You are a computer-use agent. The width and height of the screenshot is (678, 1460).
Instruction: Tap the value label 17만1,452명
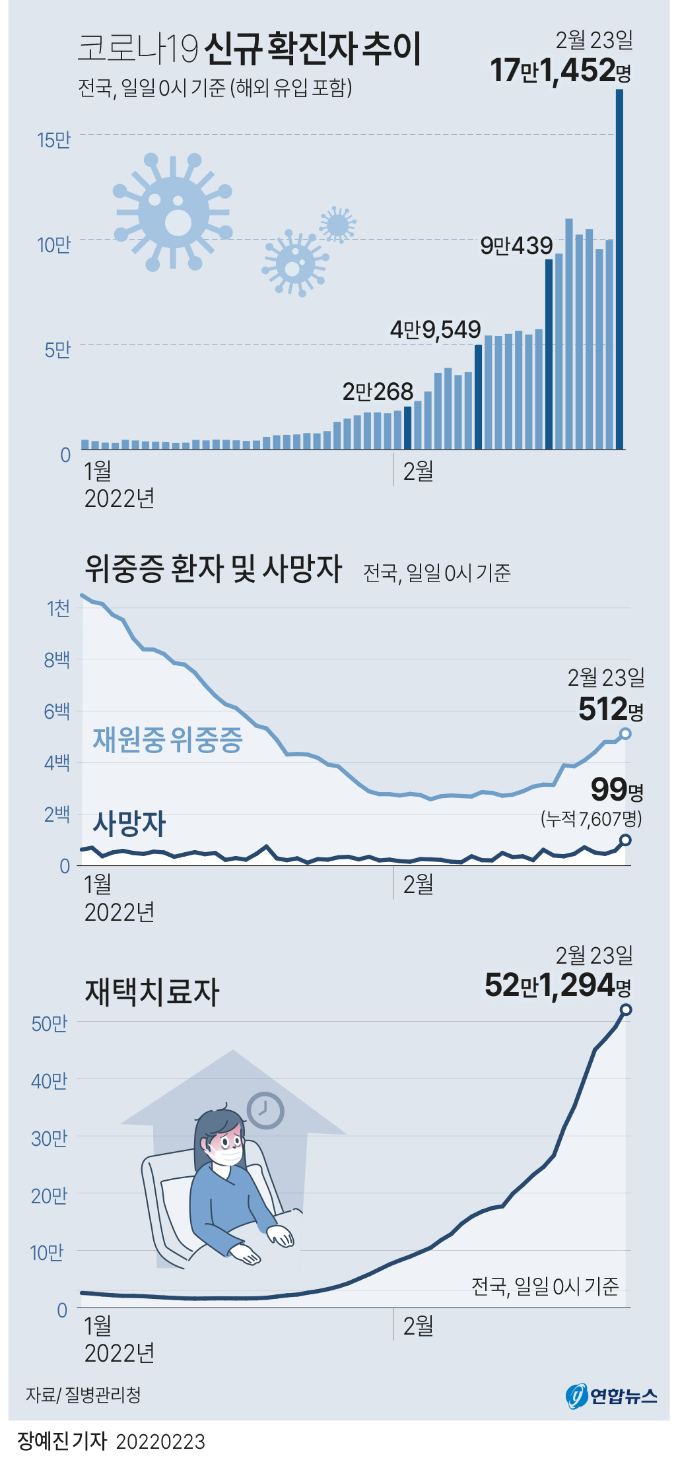coord(560,71)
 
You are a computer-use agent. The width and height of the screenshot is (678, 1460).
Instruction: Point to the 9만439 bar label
coord(516,246)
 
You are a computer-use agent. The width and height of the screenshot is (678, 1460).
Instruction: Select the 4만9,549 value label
coord(435,329)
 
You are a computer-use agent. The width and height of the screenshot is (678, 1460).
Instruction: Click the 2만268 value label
coord(378,392)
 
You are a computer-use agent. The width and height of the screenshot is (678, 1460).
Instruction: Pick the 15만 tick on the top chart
coord(54,141)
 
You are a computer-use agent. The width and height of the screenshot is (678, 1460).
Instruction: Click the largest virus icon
coord(173,212)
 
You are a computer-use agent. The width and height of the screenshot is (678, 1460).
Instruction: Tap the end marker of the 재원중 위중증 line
coord(625,733)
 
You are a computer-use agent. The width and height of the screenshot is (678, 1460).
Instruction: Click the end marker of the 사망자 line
coord(625,840)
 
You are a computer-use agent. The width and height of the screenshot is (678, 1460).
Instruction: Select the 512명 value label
coord(611,710)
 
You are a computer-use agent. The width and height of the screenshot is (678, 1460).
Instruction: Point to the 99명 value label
coord(616,789)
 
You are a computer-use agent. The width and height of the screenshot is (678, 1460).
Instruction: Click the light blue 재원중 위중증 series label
coord(168,740)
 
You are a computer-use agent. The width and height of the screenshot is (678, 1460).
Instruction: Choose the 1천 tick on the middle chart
coord(58,608)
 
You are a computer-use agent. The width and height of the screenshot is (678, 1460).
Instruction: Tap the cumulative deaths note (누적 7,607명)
coord(591,819)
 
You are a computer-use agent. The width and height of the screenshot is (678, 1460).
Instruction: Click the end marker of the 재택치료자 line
coord(626,1009)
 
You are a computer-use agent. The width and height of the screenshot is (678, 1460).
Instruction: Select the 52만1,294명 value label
coord(558,985)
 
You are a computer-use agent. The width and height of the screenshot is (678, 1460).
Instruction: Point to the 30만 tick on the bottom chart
coord(49,1139)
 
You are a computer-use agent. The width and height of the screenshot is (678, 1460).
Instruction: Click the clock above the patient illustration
coord(265,1111)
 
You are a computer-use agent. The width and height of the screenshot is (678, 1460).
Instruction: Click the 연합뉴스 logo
coord(611,1395)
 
